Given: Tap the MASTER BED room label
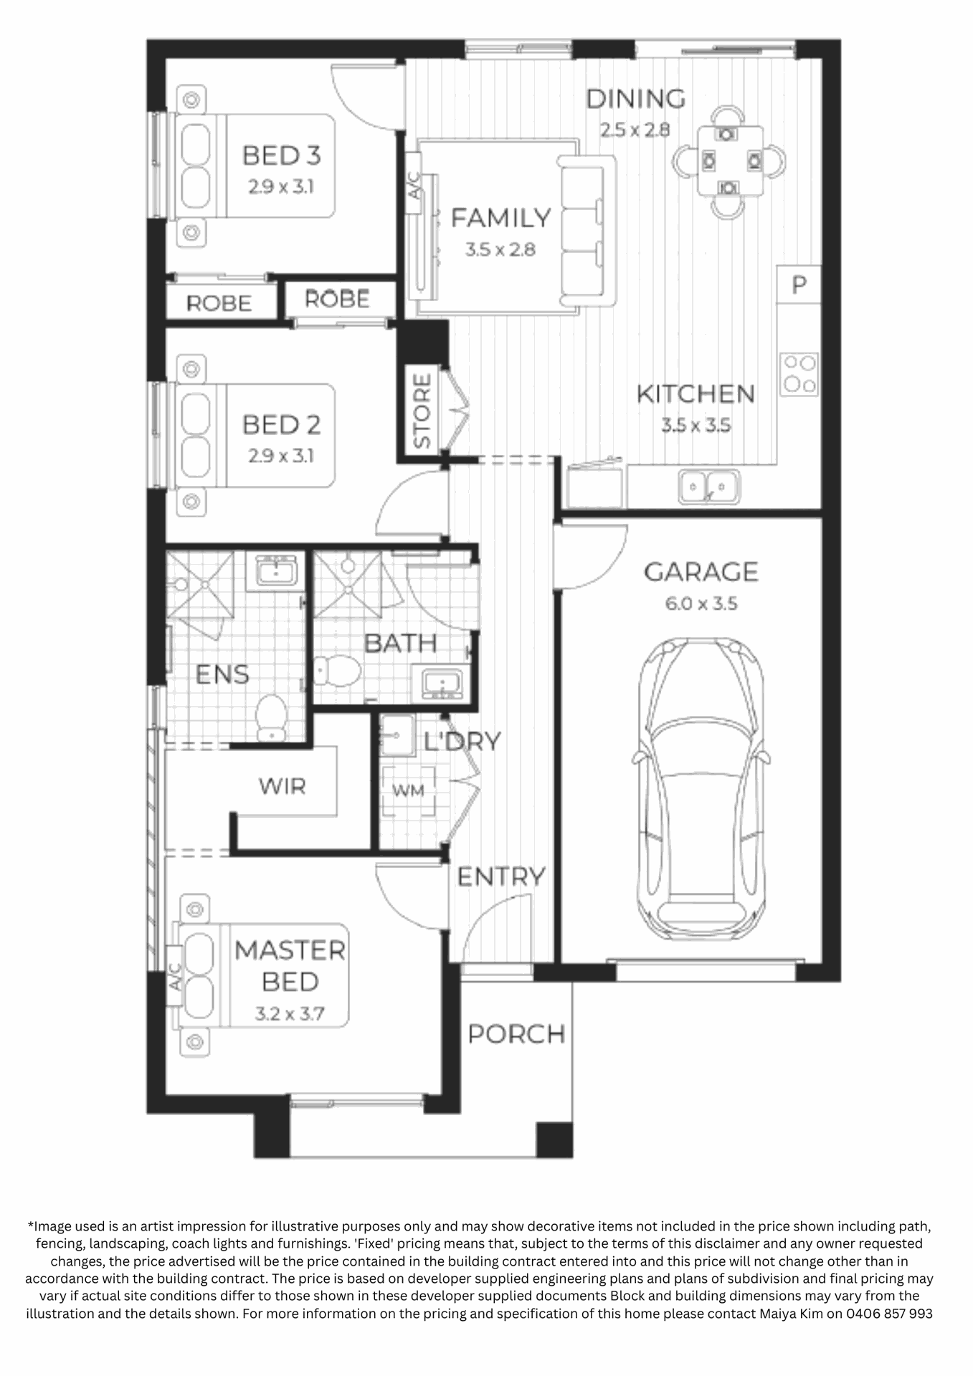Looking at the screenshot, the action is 290,965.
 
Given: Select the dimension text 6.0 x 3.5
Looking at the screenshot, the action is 701,603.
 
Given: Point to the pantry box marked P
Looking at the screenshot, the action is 799,285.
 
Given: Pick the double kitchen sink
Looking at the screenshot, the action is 708,487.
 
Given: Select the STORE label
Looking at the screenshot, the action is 422,411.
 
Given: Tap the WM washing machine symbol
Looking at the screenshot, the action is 408,791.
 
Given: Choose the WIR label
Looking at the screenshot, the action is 283,786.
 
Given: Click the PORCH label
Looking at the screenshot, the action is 516,1034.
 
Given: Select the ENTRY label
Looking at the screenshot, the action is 501,876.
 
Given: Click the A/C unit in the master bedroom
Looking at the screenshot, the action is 175,976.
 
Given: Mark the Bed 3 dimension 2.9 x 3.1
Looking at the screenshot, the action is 281,187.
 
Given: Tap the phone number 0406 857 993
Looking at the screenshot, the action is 889,1314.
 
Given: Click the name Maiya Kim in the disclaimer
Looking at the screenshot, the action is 790,1314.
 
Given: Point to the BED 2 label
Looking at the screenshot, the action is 282,425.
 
